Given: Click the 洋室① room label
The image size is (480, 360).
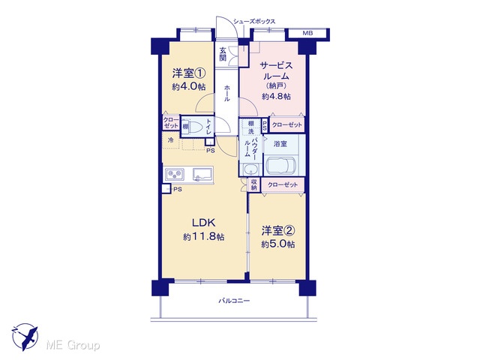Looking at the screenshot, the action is pos(188,73).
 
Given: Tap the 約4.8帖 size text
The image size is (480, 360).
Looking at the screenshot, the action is pos(276,97).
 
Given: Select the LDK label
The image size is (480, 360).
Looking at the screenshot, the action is pos(204,223).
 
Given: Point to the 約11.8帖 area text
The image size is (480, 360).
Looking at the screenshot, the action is pos(204,237).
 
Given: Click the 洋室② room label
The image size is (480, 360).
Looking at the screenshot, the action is pos(278,231).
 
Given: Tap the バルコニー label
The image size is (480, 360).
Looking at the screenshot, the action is pos(234,301).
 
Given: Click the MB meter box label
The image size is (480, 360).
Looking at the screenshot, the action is pos(307,33).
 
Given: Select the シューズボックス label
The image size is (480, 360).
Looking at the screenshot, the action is pos(254,22).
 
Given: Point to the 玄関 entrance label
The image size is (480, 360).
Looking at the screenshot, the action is pos(223,54).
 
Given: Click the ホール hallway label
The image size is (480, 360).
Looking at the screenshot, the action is pos(227,93).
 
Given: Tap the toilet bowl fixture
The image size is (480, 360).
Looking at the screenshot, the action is pos(196,127).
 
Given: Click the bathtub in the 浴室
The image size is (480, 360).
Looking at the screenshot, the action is pos(280,166).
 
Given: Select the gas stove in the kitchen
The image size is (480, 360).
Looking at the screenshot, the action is pos(175,175).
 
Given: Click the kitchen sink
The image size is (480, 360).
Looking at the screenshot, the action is pos(202,175).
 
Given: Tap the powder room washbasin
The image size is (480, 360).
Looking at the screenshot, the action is pos(250,169).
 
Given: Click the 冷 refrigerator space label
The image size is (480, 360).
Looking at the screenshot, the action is pos(171,140).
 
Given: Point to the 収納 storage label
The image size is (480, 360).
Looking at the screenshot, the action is pos(253,184).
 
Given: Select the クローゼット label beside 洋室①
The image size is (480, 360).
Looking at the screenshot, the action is pos(171,123).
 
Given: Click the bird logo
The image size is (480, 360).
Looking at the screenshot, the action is pos(25,337).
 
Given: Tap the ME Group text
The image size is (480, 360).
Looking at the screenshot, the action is pos(73,345).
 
